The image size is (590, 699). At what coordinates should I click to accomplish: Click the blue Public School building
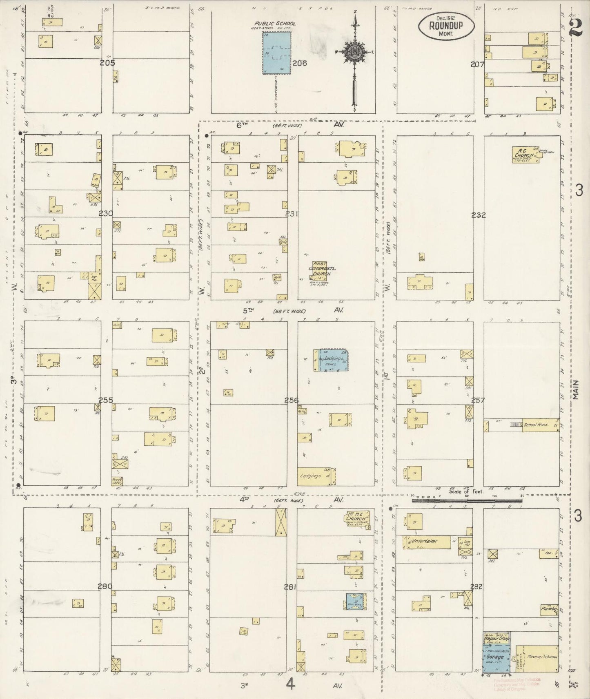(x=276, y=53)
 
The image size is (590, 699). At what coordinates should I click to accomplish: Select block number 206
(x=299, y=63)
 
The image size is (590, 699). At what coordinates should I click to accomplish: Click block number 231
(x=292, y=213)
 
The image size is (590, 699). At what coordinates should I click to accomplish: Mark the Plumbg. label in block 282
(x=549, y=609)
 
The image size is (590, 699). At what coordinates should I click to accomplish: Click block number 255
(x=105, y=400)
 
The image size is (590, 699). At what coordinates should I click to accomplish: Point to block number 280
(x=105, y=586)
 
